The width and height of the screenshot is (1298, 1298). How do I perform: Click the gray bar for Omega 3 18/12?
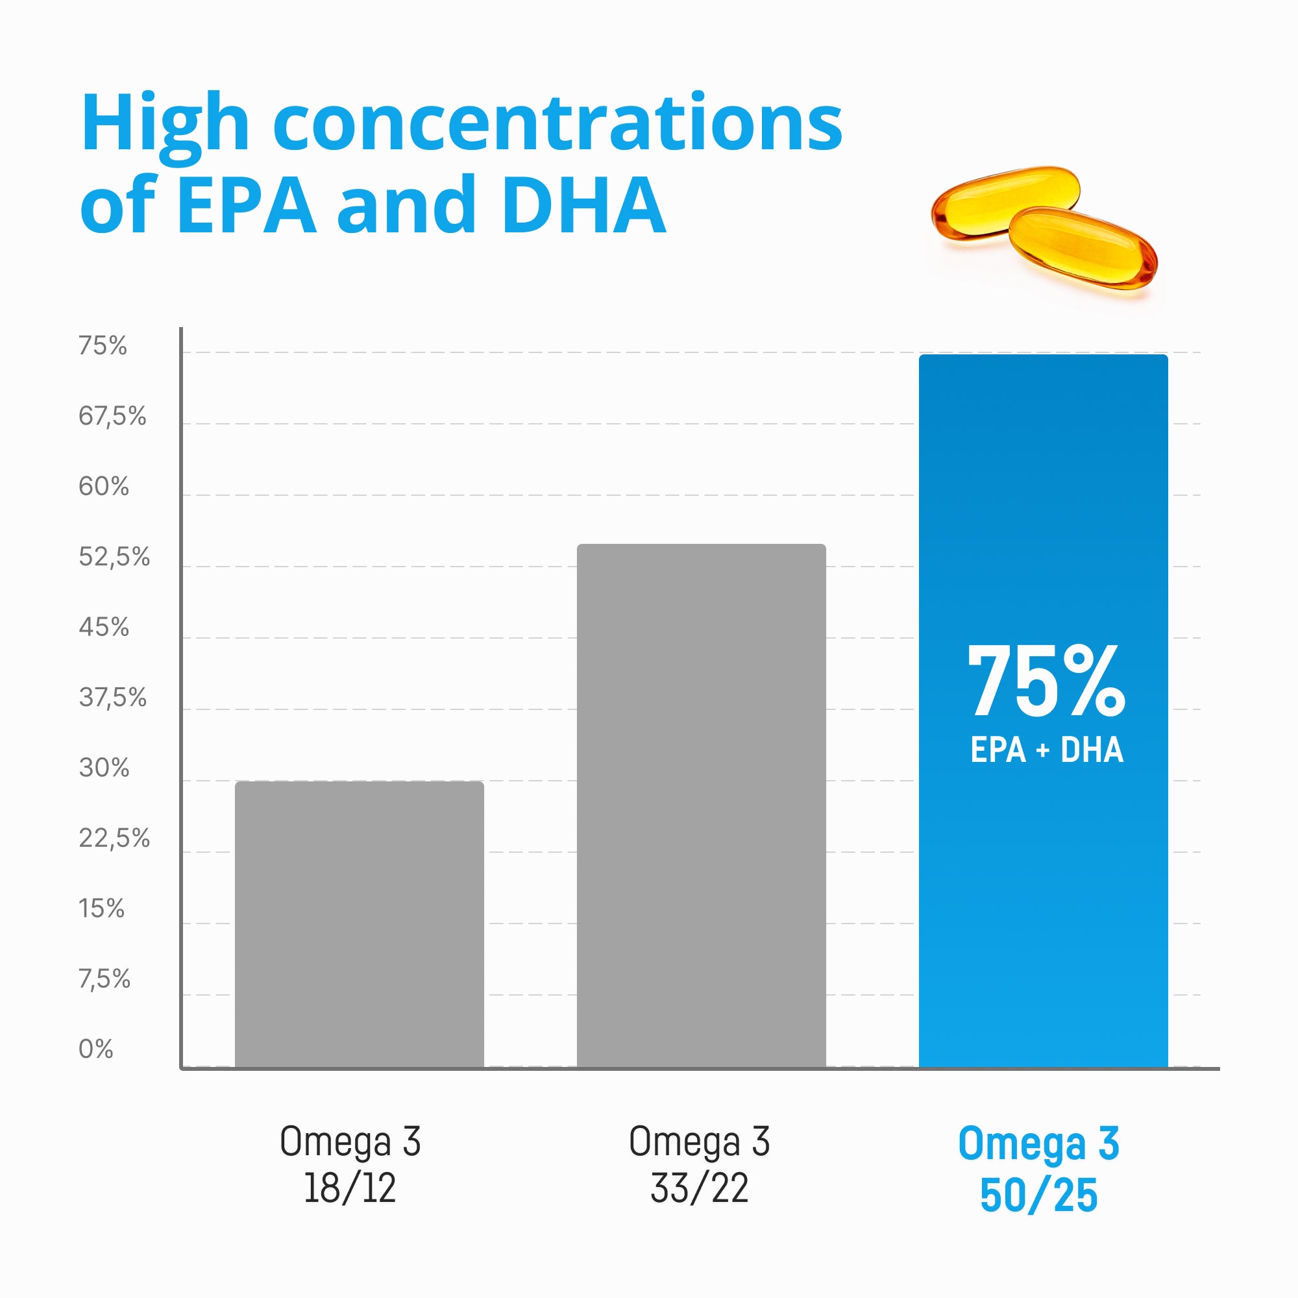pos(359,924)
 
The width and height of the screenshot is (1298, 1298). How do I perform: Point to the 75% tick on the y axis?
pos(102,346)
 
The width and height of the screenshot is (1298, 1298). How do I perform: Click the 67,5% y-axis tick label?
pos(112,417)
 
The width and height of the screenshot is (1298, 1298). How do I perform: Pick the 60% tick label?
pos(103,486)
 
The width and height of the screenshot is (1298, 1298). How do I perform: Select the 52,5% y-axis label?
pos(114,557)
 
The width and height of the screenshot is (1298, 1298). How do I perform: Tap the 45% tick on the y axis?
pos(103,628)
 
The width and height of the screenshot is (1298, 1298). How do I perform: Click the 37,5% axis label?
pos(112,698)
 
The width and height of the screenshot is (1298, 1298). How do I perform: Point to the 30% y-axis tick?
pos(103,768)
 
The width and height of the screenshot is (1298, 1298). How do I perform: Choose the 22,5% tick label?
pos(114,839)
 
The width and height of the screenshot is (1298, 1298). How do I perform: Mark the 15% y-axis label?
pos(101,909)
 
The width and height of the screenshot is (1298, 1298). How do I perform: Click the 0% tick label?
pos(95,1049)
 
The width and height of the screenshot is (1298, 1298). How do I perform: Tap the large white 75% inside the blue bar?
pos(1046,681)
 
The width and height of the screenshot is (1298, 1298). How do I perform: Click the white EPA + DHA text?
pos(1046,750)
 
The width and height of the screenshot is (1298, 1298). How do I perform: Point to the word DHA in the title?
pos(583,205)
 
